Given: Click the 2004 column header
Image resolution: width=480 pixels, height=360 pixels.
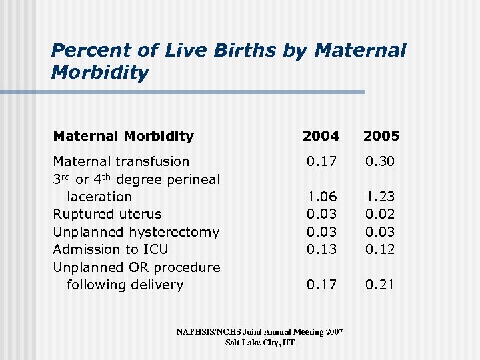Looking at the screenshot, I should point(321,136).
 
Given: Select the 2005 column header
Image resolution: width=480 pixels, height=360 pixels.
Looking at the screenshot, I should point(381,136).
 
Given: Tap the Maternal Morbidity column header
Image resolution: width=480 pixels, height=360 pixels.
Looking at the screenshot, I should point(123,136).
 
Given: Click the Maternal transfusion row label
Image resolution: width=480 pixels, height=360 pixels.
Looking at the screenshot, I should point(121,161).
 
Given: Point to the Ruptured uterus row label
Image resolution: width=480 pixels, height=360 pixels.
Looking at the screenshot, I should point(107,214).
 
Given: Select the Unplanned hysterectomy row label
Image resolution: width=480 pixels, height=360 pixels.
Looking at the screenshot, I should point(136,232).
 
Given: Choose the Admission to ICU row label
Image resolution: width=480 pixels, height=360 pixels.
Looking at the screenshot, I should point(111,249).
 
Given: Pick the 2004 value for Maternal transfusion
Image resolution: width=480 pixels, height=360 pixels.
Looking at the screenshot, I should point(321,161).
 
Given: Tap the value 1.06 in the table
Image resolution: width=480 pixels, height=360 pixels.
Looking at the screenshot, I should point(321,197).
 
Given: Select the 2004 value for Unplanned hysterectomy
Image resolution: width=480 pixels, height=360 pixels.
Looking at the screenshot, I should point(321,232).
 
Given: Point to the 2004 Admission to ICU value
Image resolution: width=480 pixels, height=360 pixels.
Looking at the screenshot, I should point(321,249).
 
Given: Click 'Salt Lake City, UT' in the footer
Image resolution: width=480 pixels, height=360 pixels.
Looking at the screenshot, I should point(259,343).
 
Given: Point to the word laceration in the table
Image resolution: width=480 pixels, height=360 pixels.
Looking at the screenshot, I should point(99,197).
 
